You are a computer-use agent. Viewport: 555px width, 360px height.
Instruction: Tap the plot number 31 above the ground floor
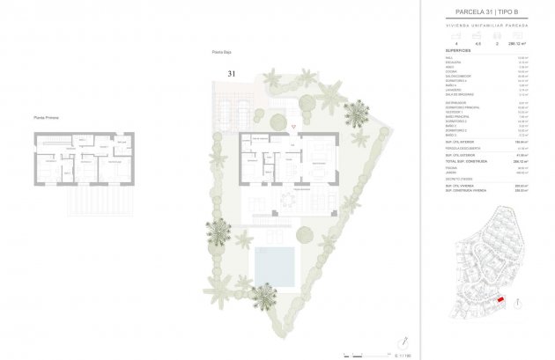[x=233, y=74]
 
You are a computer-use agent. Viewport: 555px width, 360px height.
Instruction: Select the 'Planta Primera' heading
[x=46, y=117]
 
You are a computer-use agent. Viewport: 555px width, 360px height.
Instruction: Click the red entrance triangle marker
[x=294, y=128]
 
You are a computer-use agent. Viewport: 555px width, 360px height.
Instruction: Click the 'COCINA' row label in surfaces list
[x=450, y=72]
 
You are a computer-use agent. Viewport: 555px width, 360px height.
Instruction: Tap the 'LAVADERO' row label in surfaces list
[x=452, y=91]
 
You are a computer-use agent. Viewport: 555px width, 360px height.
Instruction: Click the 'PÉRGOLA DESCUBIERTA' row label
[x=462, y=149]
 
